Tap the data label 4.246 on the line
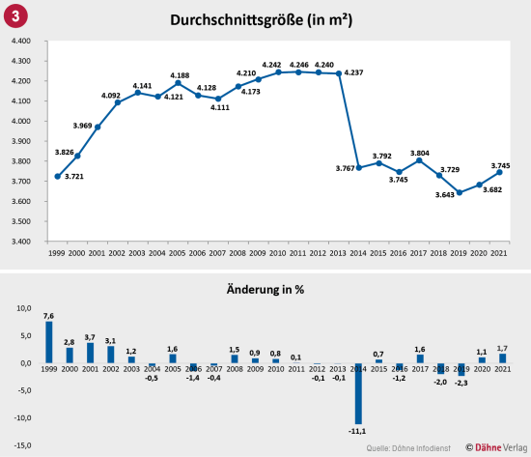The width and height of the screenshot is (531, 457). click(x=299, y=64)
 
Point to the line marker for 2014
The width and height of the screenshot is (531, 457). click(x=359, y=167)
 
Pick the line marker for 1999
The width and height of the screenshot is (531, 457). click(x=58, y=177)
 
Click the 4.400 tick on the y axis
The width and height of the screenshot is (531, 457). click(x=21, y=41)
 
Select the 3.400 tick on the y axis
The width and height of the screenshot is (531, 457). click(x=21, y=242)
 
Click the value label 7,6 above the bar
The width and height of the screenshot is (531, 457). click(x=48, y=315)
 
